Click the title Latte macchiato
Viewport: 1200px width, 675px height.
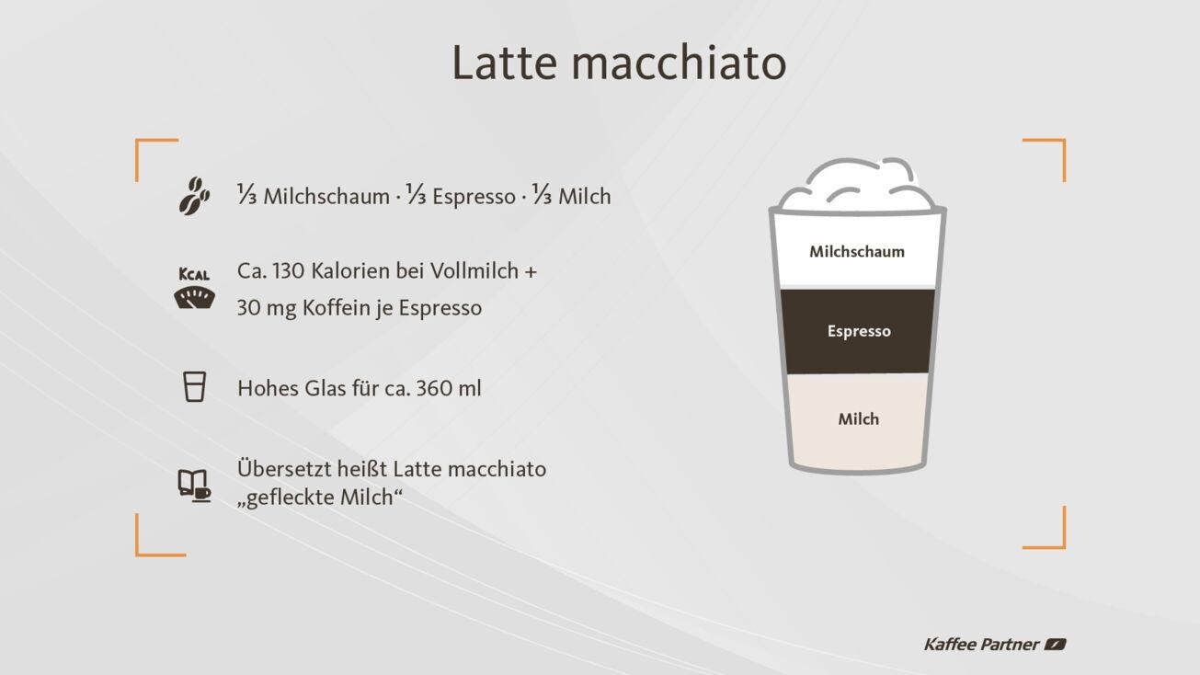tap(619, 63)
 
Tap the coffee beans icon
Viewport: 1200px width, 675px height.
tap(194, 195)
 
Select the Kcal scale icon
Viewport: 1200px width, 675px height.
tap(194, 289)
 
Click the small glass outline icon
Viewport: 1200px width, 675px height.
tap(194, 386)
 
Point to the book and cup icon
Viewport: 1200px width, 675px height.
tap(194, 484)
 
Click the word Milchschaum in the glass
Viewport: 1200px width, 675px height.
tap(857, 251)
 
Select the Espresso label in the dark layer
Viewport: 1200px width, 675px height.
tap(859, 331)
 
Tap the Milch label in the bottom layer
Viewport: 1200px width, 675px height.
tap(859, 419)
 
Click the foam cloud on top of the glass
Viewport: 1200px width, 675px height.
tap(857, 184)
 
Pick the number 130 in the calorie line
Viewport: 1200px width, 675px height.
tap(288, 272)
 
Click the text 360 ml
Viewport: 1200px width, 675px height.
tap(449, 388)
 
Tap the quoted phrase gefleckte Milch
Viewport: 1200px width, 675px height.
tap(321, 498)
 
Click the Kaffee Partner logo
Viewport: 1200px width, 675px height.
tap(994, 644)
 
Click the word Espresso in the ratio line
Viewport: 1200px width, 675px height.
tap(474, 197)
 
